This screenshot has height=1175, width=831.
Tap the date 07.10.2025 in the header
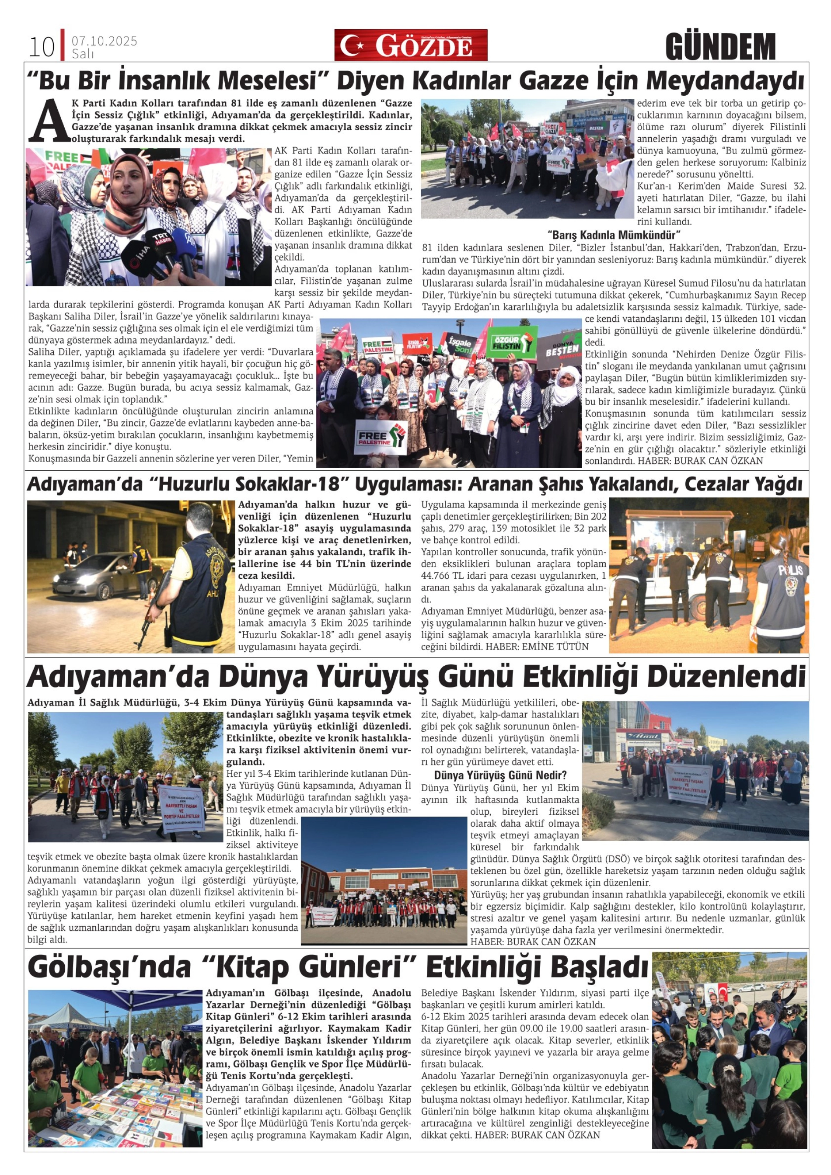coord(105,41)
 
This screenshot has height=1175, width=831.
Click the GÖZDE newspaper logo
coord(411,45)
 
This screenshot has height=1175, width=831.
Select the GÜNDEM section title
coord(720,47)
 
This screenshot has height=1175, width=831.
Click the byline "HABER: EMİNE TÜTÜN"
coord(537,647)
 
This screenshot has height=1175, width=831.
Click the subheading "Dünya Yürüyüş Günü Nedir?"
coord(500,775)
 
